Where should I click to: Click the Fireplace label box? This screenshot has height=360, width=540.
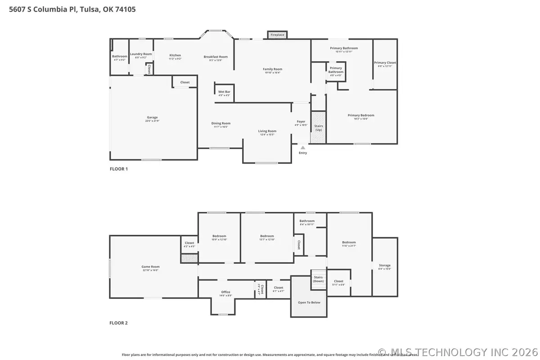pyautogui.click(x=277, y=35)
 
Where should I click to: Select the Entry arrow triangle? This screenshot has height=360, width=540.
pyautogui.click(x=303, y=147)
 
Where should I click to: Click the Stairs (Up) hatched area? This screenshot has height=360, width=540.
pyautogui.click(x=319, y=127)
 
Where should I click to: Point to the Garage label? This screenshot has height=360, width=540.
pyautogui.click(x=152, y=117)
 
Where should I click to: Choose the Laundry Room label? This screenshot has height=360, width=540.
pyautogui.click(x=141, y=54)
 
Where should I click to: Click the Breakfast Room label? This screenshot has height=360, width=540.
pyautogui.click(x=216, y=57)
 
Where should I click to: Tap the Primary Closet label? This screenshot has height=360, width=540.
pyautogui.click(x=385, y=63)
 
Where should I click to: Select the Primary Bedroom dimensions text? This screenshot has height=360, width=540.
pyautogui.click(x=361, y=119)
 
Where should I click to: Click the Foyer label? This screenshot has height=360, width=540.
pyautogui.click(x=301, y=121)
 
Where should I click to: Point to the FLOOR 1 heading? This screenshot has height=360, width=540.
pyautogui.click(x=119, y=169)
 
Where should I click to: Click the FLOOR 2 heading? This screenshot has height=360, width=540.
pyautogui.click(x=119, y=323)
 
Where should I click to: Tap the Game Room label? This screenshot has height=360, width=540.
pyautogui.click(x=150, y=267)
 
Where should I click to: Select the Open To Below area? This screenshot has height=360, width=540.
pyautogui.click(x=309, y=302)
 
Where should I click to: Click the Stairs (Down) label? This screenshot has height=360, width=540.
pyautogui.click(x=318, y=279)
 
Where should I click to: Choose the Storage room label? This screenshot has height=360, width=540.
pyautogui.click(x=385, y=265)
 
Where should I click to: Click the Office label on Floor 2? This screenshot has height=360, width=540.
pyautogui.click(x=225, y=292)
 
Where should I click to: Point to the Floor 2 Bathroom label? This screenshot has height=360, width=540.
pyautogui.click(x=307, y=221)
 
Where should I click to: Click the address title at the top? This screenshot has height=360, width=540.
pyautogui.click(x=72, y=9)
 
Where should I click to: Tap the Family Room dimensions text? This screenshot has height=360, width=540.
pyautogui.click(x=272, y=72)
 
